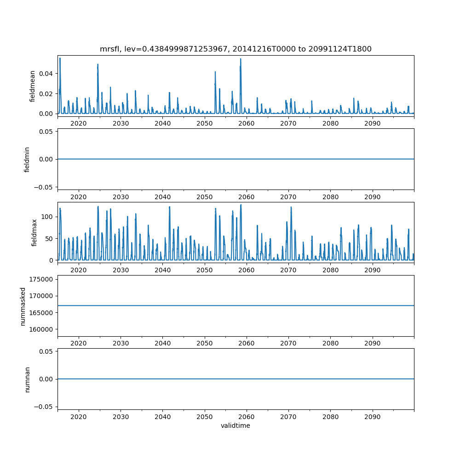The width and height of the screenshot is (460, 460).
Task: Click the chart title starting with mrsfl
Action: pos(236,49)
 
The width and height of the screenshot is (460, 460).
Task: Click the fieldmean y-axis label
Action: pos(33,86)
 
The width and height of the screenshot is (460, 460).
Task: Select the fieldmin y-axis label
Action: pos(27,159)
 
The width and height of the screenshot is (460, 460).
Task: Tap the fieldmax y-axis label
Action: pos(34,232)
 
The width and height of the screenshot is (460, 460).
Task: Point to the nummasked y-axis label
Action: pos(23,305)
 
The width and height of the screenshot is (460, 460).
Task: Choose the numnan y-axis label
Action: pos(27,379)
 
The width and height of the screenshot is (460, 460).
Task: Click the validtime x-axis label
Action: pos(236,425)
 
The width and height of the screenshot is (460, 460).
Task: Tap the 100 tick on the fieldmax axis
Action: pos(49,217)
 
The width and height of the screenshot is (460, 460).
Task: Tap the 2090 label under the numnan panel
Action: pos(372,416)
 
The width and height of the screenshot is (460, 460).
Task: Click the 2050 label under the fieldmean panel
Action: pos(204,123)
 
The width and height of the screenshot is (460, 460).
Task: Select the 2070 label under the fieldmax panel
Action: pos(288,270)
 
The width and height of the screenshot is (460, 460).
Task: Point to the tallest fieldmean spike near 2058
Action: pos(241,59)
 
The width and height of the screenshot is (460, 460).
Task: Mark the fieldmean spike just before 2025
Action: pos(98,65)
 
